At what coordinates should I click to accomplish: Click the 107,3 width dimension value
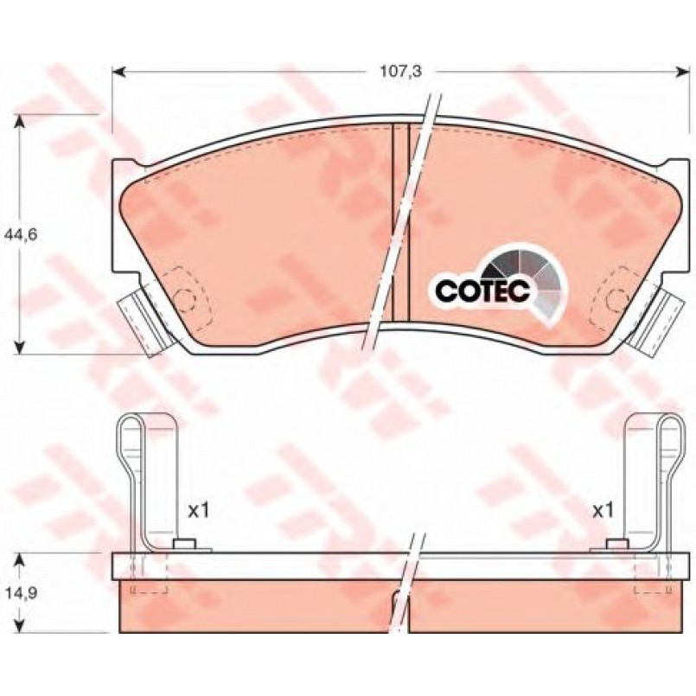pos(400,71)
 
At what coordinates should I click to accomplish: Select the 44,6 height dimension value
pos(20,234)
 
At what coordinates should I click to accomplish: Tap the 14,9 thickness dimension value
pos(20,592)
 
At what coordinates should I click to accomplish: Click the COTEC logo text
pos(482,291)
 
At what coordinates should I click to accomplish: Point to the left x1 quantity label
pos(198,511)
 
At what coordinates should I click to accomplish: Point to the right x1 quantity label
pos(603,510)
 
